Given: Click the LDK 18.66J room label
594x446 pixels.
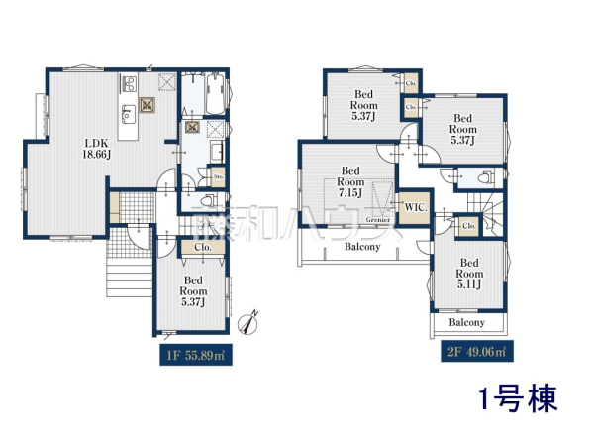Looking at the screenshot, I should point(96,147).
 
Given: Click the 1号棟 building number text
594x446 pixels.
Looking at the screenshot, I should point(518,399).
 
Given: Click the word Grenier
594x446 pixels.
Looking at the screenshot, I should point(376,219).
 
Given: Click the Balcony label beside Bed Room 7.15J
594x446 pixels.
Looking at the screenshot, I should point(362,248).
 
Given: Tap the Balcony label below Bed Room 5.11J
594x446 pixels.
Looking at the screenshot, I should point(467,323).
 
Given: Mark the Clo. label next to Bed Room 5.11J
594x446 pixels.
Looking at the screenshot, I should point(468,227).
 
